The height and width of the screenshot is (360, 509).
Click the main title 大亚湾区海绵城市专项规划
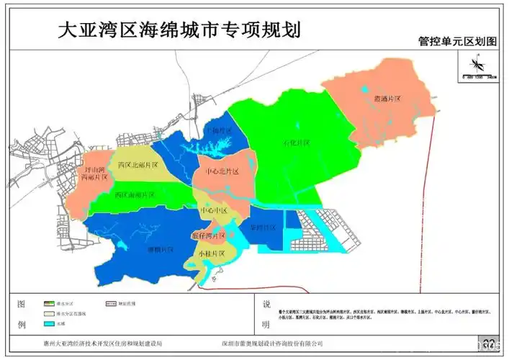(178, 30)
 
